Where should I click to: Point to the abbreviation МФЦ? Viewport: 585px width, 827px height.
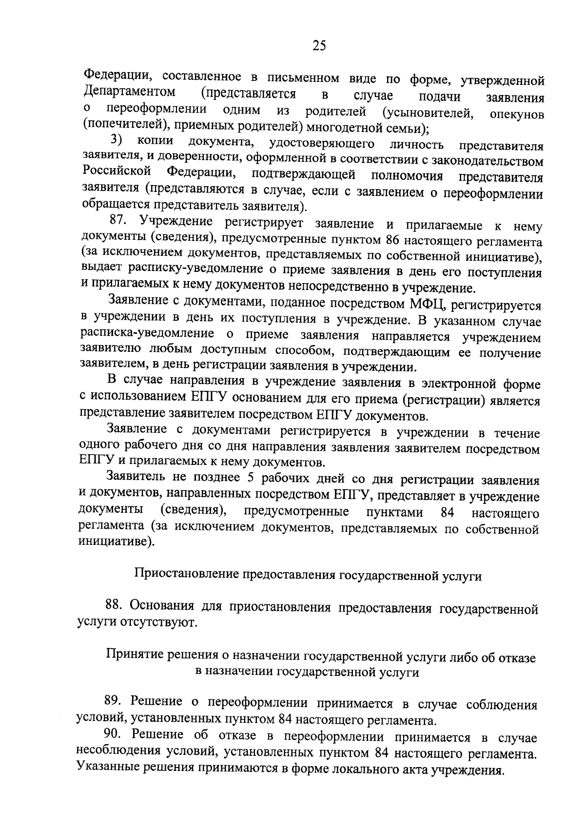426,304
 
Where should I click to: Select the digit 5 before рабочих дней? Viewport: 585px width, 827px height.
251,478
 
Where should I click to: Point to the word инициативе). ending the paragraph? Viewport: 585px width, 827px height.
117,542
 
